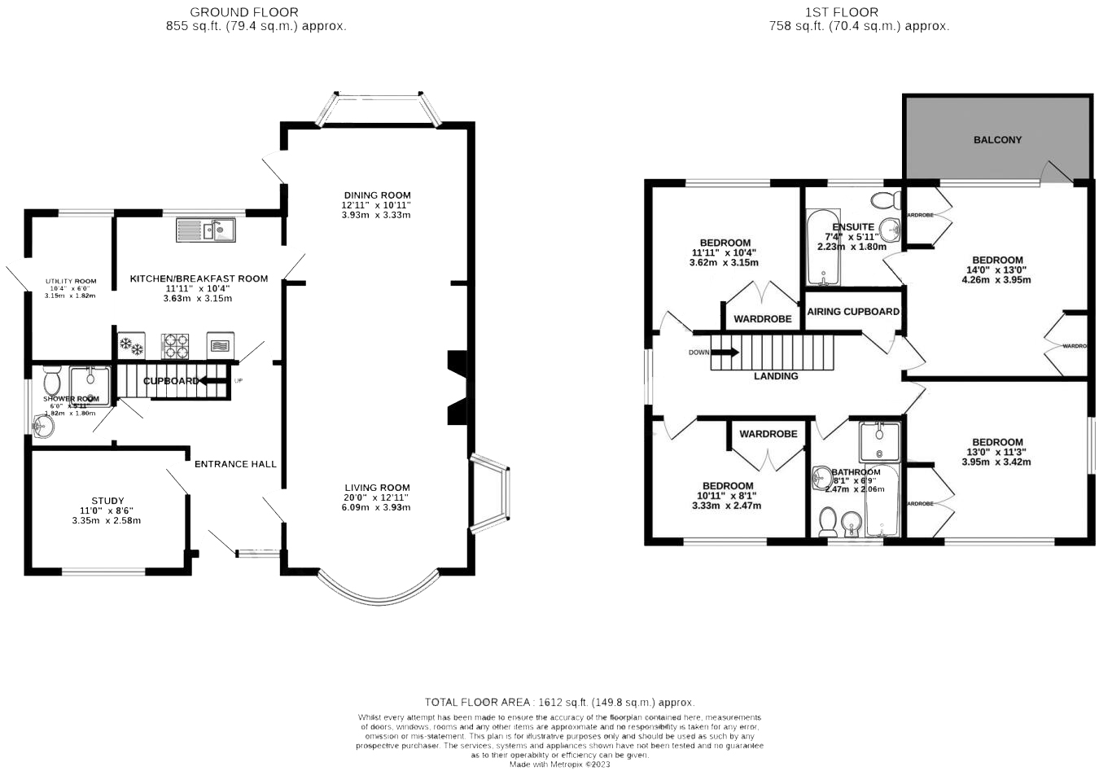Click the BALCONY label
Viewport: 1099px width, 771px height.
click(997, 140)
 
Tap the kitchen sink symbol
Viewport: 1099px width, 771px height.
click(205, 230)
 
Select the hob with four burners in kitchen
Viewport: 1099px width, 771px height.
click(175, 346)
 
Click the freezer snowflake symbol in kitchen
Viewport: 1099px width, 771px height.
click(132, 346)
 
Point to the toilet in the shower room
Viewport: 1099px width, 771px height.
click(52, 379)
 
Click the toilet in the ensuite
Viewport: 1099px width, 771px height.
click(884, 199)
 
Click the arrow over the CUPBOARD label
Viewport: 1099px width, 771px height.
click(213, 380)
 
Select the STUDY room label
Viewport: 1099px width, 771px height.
click(107, 501)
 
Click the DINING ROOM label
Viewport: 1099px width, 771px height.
click(376, 195)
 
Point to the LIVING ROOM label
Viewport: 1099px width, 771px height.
click(376, 488)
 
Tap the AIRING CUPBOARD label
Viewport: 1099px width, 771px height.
click(853, 312)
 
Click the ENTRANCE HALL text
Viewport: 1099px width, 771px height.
click(235, 464)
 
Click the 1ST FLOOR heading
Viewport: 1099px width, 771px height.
click(842, 12)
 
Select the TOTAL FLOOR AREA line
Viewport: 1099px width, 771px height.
click(559, 702)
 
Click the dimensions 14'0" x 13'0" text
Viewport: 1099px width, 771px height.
click(996, 270)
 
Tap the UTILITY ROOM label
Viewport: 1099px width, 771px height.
click(71, 282)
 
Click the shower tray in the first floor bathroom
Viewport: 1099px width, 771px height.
click(879, 442)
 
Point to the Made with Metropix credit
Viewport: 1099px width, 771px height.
click(559, 764)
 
